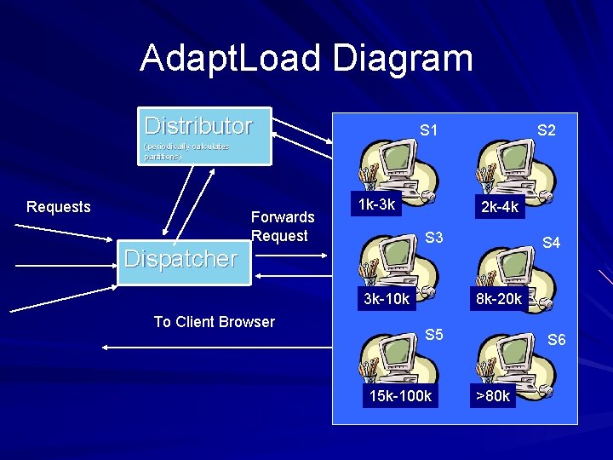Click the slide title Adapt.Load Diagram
tap(306, 58)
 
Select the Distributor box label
tap(198, 126)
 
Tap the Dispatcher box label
tap(180, 259)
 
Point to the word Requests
tap(58, 207)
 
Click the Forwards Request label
tap(283, 227)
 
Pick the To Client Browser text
tap(214, 322)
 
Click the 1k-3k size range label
tap(376, 205)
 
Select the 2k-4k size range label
tap(499, 207)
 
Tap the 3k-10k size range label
tap(387, 299)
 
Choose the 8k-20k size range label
tap(499, 299)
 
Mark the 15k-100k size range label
tap(399, 396)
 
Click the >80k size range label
tap(493, 396)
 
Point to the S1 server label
tap(429, 130)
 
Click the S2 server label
tap(546, 130)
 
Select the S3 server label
tap(434, 238)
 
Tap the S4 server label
tap(552, 243)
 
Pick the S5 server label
tap(434, 335)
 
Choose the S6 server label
tap(556, 340)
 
